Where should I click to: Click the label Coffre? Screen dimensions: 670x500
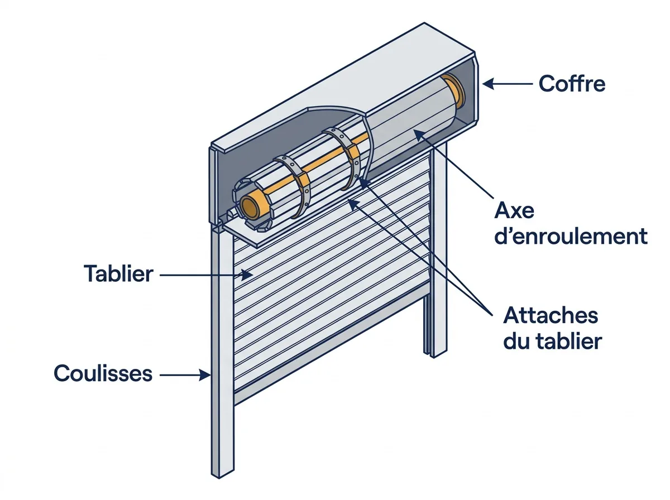click(x=571, y=84)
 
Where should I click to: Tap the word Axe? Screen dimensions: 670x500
click(x=514, y=210)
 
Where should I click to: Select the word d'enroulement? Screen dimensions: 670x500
click(x=571, y=236)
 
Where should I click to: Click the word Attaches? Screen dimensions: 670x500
click(x=551, y=315)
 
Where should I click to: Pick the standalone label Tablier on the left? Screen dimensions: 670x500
click(x=118, y=273)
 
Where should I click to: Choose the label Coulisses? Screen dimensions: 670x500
click(x=103, y=373)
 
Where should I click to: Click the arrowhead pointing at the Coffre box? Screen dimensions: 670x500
click(x=489, y=84)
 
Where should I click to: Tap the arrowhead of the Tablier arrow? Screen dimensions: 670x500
click(x=247, y=275)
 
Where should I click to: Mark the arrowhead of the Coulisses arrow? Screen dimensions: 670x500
click(x=205, y=374)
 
